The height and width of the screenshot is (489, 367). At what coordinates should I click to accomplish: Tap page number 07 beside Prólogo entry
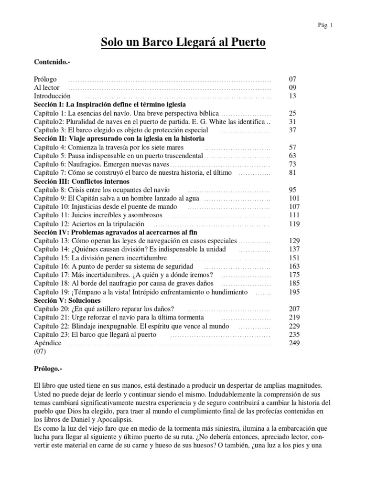[293, 79]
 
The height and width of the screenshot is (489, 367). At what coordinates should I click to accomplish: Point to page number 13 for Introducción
[293, 96]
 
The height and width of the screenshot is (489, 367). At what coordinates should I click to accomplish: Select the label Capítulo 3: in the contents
[49, 130]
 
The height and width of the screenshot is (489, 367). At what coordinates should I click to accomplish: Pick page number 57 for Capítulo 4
[293, 147]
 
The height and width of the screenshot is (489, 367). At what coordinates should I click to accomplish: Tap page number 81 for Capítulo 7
[293, 173]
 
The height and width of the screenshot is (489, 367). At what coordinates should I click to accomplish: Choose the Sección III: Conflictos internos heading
[82, 181]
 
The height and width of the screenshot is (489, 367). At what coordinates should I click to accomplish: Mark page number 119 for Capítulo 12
[293, 224]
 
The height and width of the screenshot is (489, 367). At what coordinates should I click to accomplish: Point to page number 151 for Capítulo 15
[293, 258]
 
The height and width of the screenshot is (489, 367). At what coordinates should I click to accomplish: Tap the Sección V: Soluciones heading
[67, 301]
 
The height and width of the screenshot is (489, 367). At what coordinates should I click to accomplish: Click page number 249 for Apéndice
[293, 343]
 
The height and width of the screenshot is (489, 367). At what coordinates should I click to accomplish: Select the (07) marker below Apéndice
[40, 352]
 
